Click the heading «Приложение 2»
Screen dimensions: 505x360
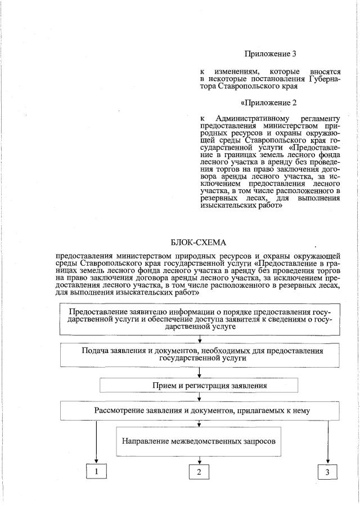pos(268,103)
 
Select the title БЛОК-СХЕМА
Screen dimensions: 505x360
pos(199,243)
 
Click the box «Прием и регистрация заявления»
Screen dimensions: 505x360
pos(199,385)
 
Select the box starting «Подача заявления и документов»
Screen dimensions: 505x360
pos(199,355)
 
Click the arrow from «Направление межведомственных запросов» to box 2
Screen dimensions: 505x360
pos(199,461)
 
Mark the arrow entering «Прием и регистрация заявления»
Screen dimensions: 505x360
pos(199,373)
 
